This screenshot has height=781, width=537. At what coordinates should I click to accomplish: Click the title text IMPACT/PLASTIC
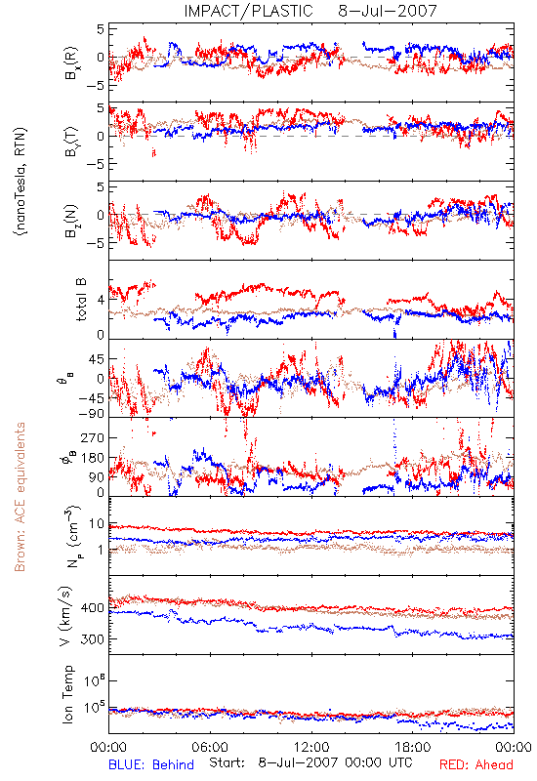248,11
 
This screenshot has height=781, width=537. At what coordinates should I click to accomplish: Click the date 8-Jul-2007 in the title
387,11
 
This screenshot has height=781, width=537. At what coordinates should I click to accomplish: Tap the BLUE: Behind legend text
151,764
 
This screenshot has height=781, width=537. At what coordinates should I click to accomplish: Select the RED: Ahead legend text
475,764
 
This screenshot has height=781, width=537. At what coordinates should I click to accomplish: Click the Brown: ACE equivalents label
20,497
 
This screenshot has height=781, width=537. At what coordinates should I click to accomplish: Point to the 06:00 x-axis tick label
210,747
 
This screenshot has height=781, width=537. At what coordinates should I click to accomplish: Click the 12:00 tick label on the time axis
311,747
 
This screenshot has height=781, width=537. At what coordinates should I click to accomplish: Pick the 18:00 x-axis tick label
413,747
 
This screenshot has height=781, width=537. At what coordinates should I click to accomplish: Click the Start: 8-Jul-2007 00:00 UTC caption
310,763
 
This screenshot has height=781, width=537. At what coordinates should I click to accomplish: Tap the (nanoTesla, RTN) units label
21,182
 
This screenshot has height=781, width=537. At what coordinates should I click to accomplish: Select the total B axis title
81,300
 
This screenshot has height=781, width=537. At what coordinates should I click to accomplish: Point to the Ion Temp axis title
67,694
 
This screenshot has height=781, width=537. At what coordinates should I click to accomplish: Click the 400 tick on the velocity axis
92,607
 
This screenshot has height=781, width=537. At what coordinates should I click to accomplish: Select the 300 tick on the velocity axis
92,639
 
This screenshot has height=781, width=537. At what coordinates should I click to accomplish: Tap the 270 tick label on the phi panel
92,437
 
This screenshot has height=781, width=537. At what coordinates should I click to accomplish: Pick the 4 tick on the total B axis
102,301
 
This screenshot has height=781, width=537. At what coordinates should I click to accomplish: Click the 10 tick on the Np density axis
97,524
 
